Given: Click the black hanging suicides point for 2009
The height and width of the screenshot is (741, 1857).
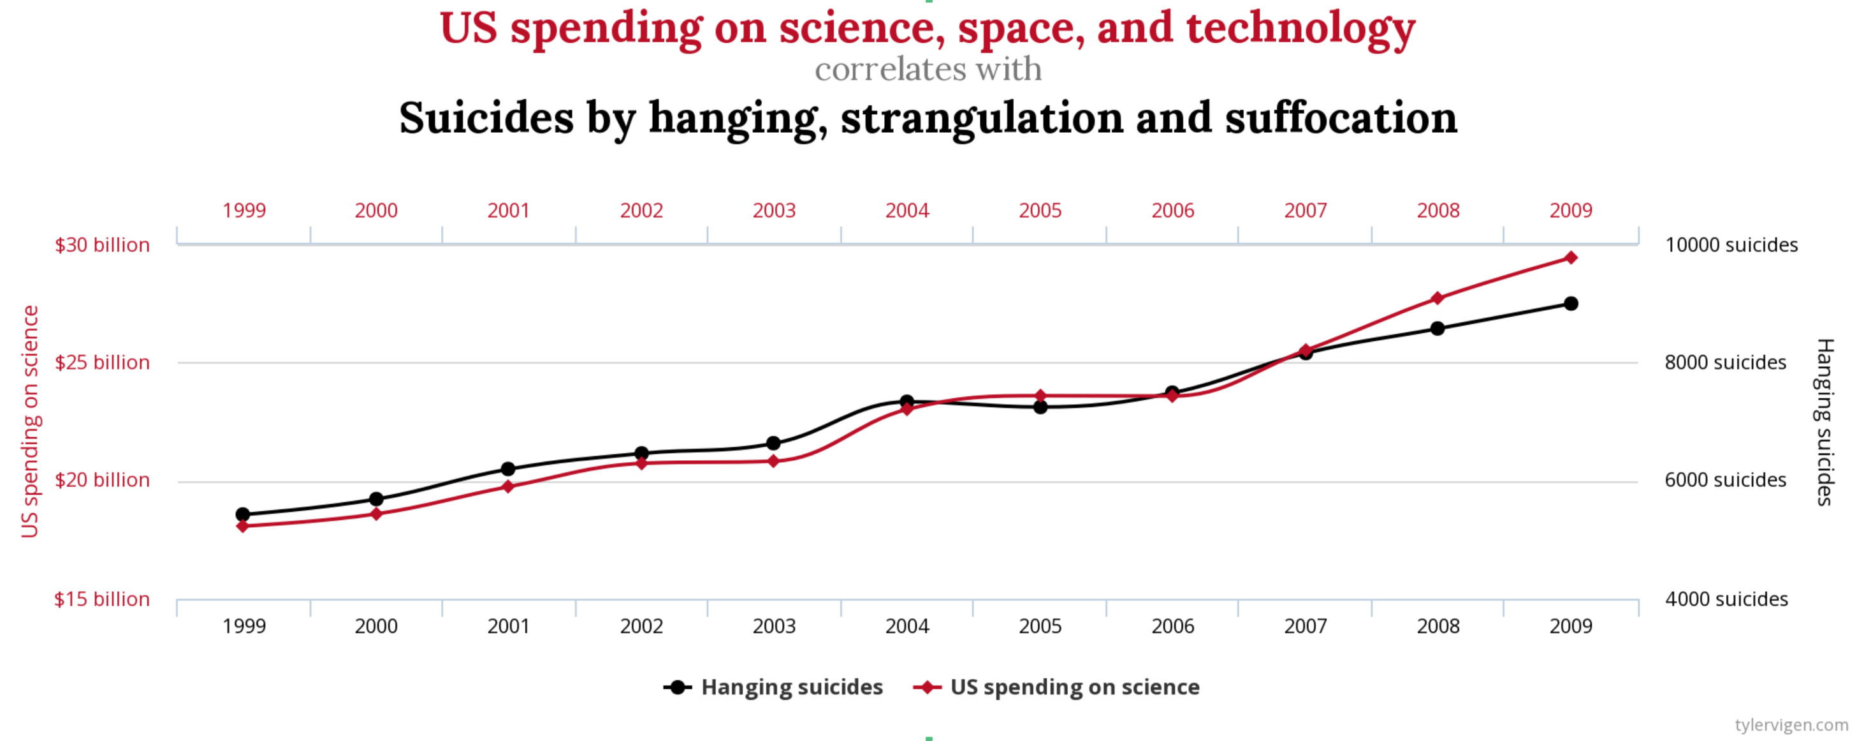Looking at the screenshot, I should tap(1571, 304).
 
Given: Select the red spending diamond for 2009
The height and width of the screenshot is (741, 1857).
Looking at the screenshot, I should tap(1571, 258).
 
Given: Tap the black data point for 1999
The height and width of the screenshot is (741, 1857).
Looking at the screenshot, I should tap(243, 514).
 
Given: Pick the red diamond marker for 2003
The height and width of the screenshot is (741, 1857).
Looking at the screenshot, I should tap(773, 461).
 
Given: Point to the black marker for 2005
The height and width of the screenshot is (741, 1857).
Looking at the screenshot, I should tap(1040, 407).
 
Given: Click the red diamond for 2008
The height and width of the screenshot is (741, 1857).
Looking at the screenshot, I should tap(1438, 298).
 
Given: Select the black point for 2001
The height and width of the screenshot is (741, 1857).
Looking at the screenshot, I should tap(508, 469).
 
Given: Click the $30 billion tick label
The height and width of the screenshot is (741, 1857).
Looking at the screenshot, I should tap(103, 245).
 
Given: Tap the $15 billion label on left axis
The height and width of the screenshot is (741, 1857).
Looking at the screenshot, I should tap(103, 599).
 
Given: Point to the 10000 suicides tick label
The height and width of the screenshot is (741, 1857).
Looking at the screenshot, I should tap(1731, 245).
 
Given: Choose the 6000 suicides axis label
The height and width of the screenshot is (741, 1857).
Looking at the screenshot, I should tap(1725, 481).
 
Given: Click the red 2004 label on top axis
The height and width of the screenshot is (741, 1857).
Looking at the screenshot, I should tap(907, 211).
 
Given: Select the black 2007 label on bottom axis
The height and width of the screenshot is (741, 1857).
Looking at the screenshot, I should tap(1306, 626).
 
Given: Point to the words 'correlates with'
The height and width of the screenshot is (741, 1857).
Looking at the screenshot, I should tap(928, 70).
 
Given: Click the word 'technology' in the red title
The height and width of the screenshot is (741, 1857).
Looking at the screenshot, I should tap(1300, 29).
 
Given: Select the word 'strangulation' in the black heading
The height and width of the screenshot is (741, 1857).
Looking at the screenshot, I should tap(982, 117).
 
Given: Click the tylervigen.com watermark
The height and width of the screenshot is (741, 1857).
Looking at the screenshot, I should tap(1791, 724).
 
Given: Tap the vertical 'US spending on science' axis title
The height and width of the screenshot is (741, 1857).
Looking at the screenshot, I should tap(29, 421).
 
